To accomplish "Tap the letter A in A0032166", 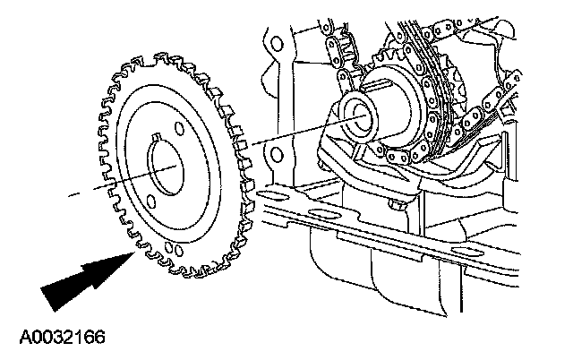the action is click(x=24, y=339).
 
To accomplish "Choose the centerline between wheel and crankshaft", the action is click(x=286, y=134).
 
